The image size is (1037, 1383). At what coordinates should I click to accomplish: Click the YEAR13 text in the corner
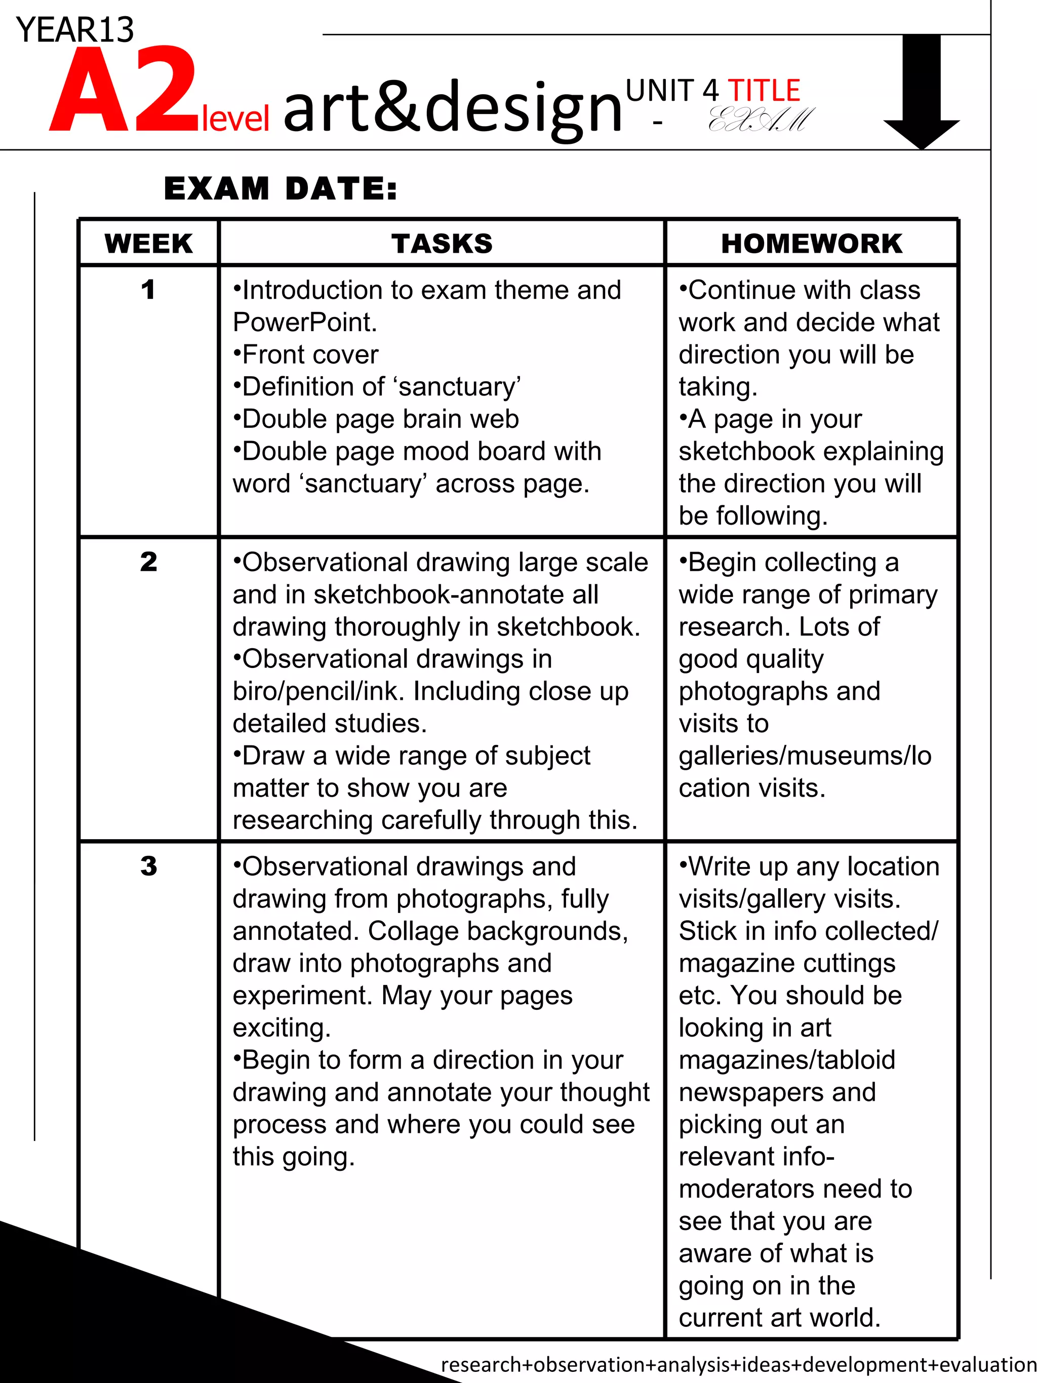coord(75,29)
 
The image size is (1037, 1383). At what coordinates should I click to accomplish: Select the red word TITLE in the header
coord(764,91)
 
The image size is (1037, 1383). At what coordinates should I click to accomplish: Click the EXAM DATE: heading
coord(280,188)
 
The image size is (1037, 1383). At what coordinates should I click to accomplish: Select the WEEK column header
coord(149,243)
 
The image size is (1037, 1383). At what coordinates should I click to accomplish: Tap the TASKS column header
coord(442,243)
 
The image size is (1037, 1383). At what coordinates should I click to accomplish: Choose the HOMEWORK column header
coord(811,243)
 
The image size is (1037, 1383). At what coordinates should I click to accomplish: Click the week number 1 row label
coord(148,290)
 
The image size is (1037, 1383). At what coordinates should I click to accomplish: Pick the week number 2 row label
coord(148,562)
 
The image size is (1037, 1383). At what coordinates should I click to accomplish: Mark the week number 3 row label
coord(148,866)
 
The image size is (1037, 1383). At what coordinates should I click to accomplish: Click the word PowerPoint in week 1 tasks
coord(304,323)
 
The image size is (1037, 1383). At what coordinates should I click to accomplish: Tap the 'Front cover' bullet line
coord(306,354)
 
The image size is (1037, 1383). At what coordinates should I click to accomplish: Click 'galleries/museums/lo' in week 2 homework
coord(805,755)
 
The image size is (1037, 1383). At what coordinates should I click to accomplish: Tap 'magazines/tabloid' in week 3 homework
coord(787,1060)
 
